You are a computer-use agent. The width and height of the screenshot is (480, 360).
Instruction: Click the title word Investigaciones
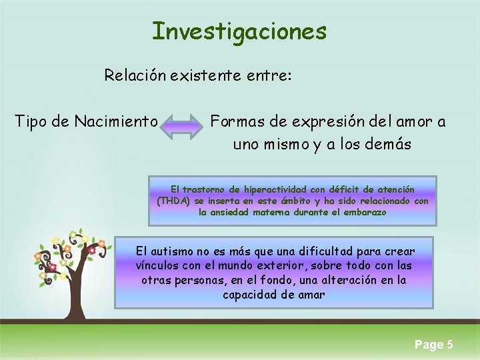coord(239,31)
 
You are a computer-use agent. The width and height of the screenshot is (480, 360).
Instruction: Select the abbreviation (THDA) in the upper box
coord(173,201)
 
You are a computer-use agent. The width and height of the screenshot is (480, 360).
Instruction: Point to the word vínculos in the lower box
coord(157,265)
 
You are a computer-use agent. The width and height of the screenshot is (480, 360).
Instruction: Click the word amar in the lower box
coord(310,294)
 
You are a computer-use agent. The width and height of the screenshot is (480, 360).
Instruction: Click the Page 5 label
coord(433,344)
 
